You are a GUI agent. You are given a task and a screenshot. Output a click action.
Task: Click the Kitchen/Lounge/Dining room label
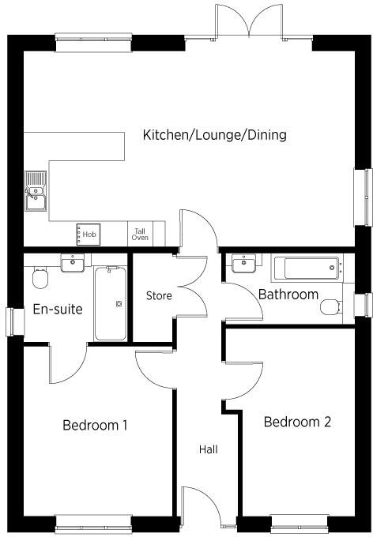tap(214, 135)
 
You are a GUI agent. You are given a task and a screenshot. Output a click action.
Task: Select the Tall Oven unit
tap(140, 234)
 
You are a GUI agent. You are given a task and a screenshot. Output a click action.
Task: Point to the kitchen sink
tap(36, 193)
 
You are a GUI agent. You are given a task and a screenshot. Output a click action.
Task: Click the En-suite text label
tap(58, 310)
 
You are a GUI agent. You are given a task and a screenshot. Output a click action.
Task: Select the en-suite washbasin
tap(73, 263)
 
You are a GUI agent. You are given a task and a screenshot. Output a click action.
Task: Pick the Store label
tap(159, 296)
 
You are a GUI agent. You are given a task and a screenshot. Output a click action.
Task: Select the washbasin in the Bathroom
tap(245, 264)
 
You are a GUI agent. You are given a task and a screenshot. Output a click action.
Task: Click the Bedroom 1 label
tap(95, 425)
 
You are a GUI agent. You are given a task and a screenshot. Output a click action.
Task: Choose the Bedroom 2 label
tap(297, 422)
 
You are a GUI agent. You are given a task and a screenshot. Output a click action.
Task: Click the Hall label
tap(209, 449)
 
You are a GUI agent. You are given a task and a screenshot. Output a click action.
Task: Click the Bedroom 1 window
tap(94, 522)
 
